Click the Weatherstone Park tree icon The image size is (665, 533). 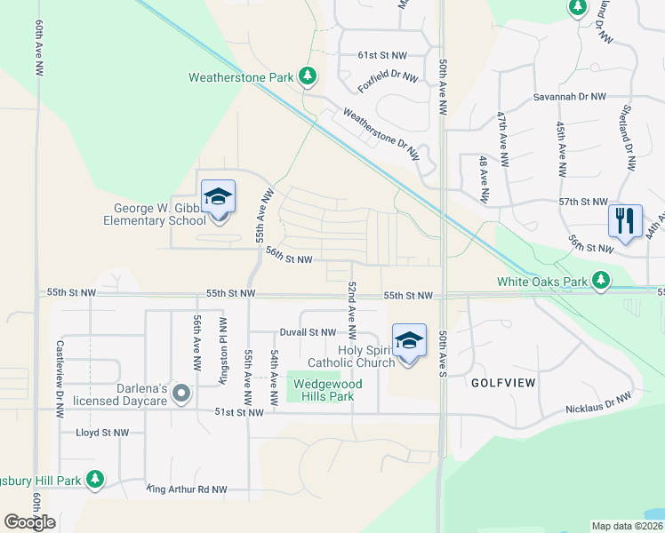tap(308, 77)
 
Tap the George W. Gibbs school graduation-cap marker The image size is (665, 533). tap(218, 197)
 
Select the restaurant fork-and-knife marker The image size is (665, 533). tap(624, 219)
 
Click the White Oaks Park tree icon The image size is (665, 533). tap(602, 282)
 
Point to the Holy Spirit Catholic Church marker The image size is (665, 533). tap(409, 341)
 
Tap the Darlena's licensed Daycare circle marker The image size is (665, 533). tap(181, 393)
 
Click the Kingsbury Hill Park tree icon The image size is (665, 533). tap(95, 481)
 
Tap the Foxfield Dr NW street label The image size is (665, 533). tap(388, 82)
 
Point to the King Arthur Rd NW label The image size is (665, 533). tap(188, 489)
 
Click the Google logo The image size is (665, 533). tap(30, 522)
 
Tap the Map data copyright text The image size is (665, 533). tap(626, 526)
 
